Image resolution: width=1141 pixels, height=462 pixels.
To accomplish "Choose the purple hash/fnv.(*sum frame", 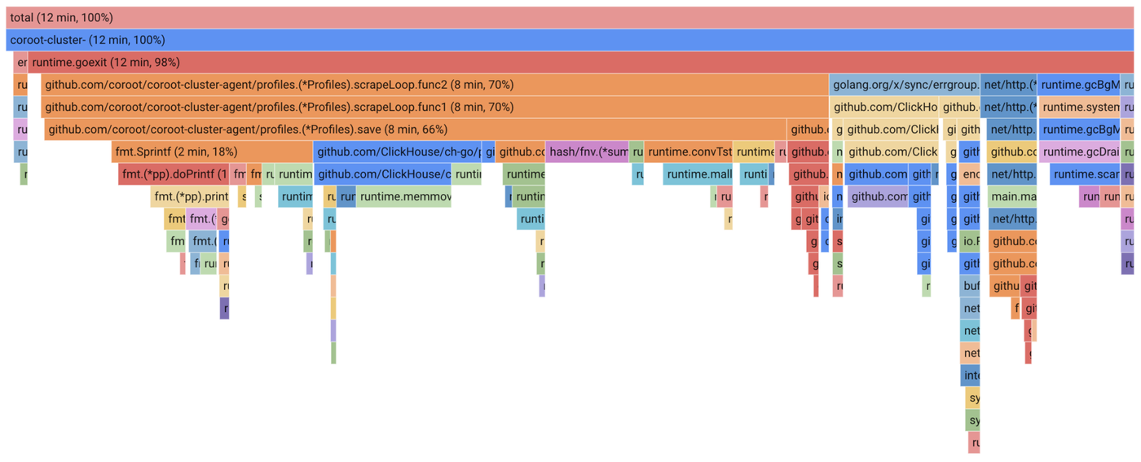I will pyautogui.click(x=587, y=152).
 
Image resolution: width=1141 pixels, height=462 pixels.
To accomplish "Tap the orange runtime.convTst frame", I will pyautogui.click(x=689, y=152).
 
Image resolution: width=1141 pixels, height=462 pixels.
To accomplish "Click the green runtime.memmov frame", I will pyautogui.click(x=404, y=196).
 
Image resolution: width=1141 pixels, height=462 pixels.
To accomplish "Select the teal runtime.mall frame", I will pyautogui.click(x=698, y=174).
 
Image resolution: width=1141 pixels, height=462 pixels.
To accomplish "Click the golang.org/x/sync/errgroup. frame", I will pyautogui.click(x=904, y=85).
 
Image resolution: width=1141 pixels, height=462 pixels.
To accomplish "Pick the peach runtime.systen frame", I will pyautogui.click(x=1079, y=107).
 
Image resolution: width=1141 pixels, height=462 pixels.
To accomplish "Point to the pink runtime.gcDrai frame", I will pyautogui.click(x=1079, y=152).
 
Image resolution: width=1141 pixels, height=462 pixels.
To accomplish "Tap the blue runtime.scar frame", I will pyautogui.click(x=1084, y=174).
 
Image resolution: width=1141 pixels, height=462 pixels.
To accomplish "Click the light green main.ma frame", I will pyautogui.click(x=1012, y=196).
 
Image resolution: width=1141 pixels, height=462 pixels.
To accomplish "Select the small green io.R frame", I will pyautogui.click(x=970, y=241).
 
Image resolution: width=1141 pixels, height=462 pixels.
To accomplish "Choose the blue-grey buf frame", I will pyautogui.click(x=970, y=286).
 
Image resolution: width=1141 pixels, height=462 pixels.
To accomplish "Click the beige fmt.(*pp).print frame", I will pyautogui.click(x=190, y=196).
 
